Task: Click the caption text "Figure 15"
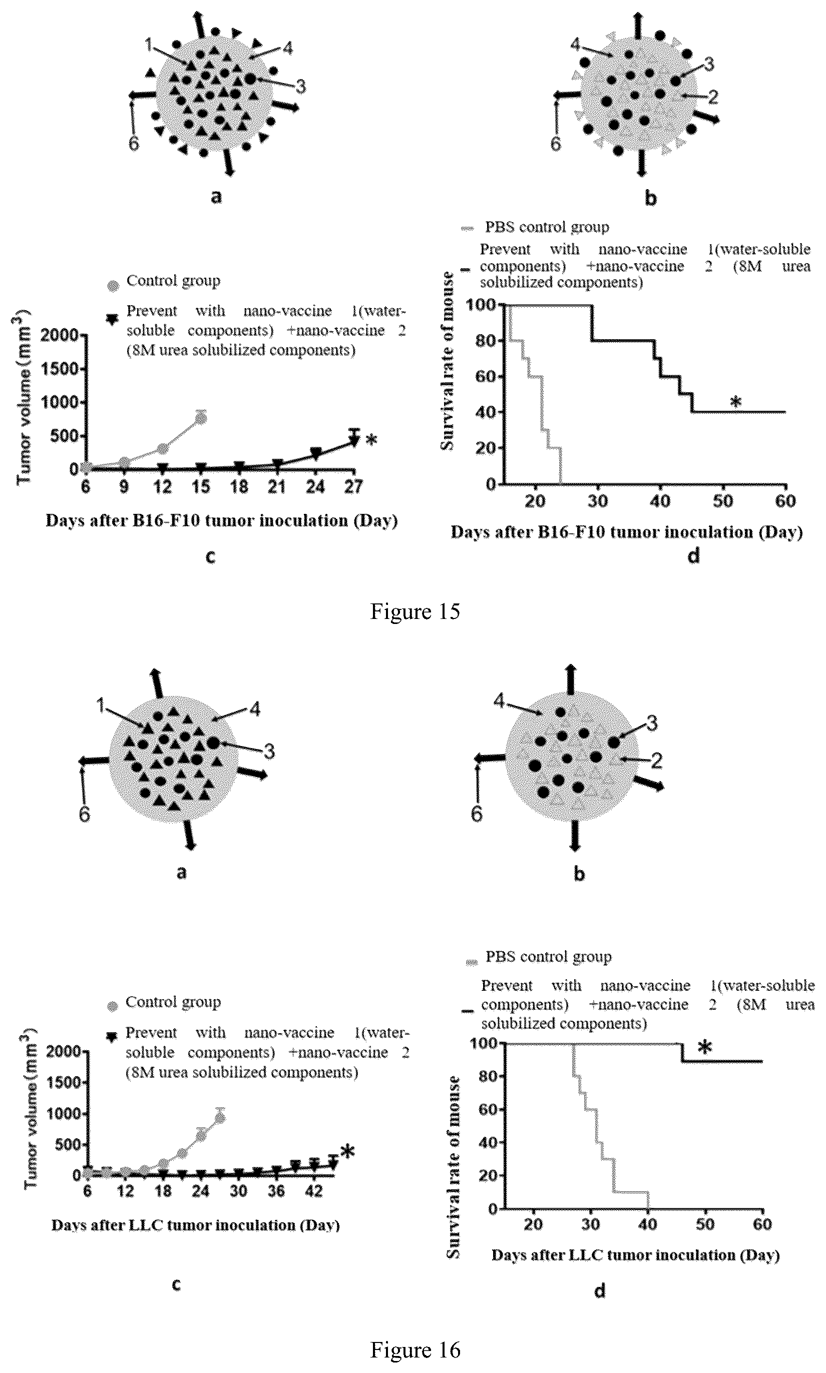pyautogui.click(x=415, y=611)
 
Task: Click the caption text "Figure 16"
pyautogui.click(x=415, y=1349)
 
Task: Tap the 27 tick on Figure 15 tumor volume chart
pyautogui.click(x=353, y=487)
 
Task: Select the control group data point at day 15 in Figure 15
pyautogui.click(x=201, y=418)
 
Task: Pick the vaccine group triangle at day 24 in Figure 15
pyautogui.click(x=315, y=453)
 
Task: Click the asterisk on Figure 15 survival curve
pyautogui.click(x=736, y=402)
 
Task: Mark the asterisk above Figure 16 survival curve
pyautogui.click(x=705, y=1048)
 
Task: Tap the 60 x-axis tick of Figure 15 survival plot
pyautogui.click(x=785, y=501)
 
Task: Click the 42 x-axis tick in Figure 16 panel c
pyautogui.click(x=314, y=1190)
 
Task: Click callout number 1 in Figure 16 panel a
pyautogui.click(x=100, y=706)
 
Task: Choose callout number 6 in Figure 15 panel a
pyautogui.click(x=134, y=144)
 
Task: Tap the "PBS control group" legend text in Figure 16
pyautogui.click(x=549, y=956)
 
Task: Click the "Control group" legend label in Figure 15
pyautogui.click(x=173, y=280)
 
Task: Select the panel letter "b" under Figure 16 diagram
pyautogui.click(x=579, y=874)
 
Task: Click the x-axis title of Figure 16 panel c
pyautogui.click(x=195, y=1225)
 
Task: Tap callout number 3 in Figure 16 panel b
pyautogui.click(x=652, y=723)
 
